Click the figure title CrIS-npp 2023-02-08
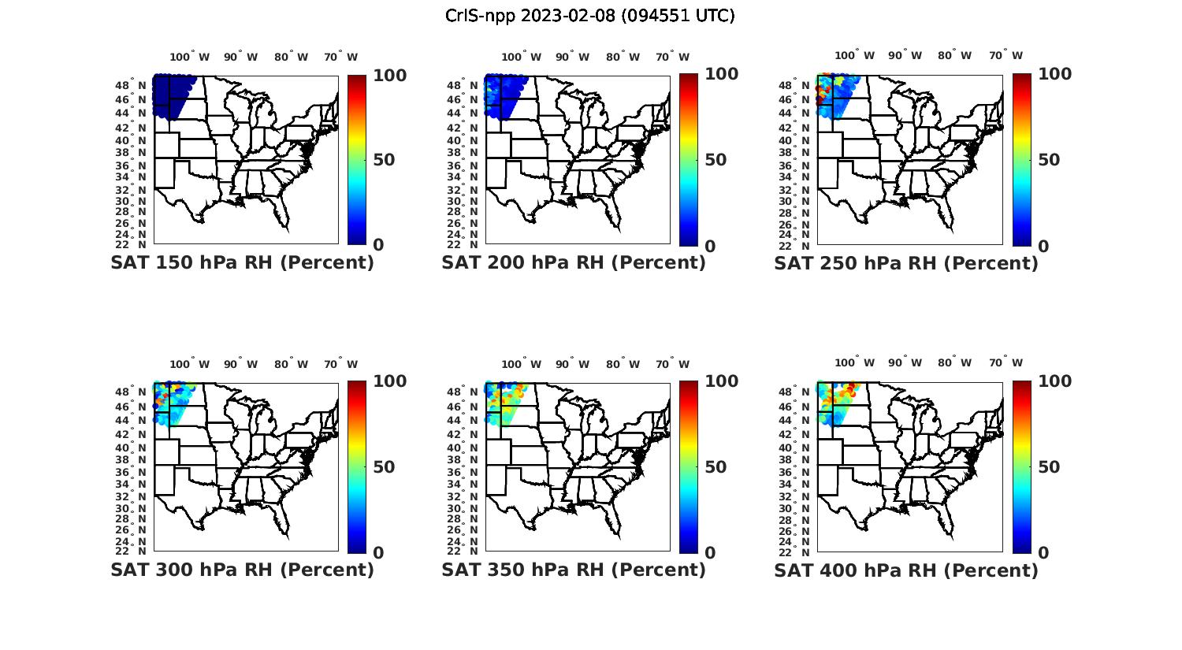pos(589,16)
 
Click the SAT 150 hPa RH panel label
pos(242,263)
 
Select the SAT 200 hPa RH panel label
pos(574,263)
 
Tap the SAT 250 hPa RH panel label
pos(905,263)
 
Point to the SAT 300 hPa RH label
pos(242,570)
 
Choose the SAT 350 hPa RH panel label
pos(574,570)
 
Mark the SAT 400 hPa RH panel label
pos(905,570)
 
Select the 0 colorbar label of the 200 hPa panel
pos(709,246)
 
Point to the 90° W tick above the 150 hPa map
pos(240,57)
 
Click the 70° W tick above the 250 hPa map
pos(1005,55)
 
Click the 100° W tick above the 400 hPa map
pos(854,362)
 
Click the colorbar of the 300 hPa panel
pos(357,467)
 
